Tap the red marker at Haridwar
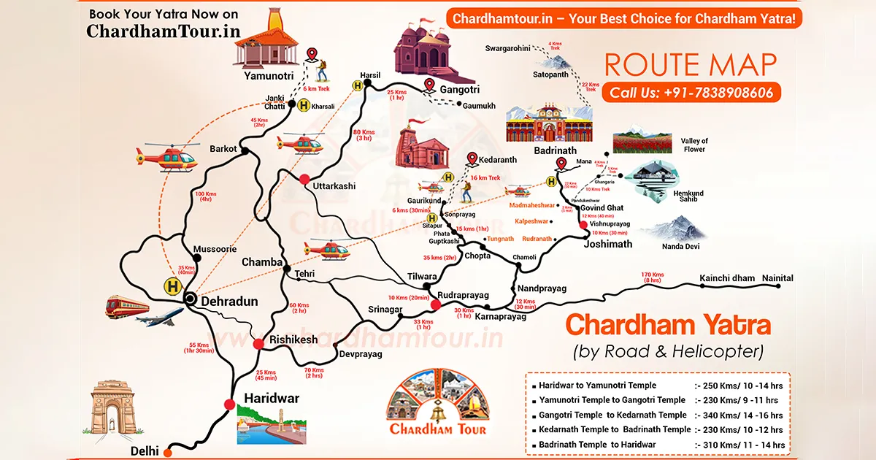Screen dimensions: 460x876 tap(230, 405)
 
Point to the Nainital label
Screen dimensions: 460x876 tap(777, 278)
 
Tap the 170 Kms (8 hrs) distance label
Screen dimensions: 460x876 tap(652, 277)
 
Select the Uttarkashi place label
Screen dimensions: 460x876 tap(334, 186)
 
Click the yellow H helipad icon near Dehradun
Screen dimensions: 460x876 tap(173, 286)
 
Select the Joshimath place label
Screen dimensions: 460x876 tap(607, 244)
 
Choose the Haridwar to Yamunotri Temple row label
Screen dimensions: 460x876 tap(597, 385)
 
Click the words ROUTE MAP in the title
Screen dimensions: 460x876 tap(690, 65)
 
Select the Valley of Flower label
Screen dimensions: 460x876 tap(694, 145)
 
